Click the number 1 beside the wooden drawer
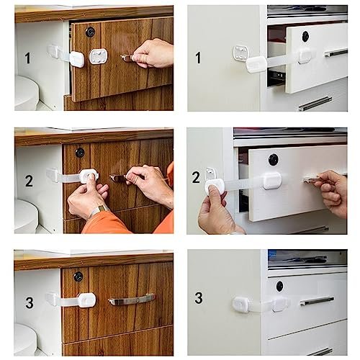click(x=28, y=58)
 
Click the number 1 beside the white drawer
click(x=198, y=58)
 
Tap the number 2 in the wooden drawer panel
click(x=29, y=181)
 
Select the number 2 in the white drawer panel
click(x=196, y=177)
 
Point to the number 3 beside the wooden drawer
click(x=30, y=302)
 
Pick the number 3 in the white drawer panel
click(x=199, y=298)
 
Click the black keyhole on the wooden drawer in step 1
click(x=90, y=32)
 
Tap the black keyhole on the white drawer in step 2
click(x=274, y=160)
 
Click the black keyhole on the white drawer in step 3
click(x=280, y=287)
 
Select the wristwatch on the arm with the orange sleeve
click(x=99, y=210)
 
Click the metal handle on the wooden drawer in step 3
click(x=132, y=300)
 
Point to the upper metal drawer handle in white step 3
click(x=317, y=301)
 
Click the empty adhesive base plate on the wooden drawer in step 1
click(x=99, y=56)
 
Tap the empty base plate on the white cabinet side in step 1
click(x=240, y=53)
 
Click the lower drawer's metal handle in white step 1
click(x=315, y=104)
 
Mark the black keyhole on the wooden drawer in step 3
click(x=78, y=276)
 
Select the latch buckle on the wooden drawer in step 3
click(x=86, y=300)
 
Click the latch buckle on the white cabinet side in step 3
click(x=240, y=304)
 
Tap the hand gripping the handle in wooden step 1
click(x=153, y=53)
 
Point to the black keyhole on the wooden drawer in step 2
click(x=80, y=153)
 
